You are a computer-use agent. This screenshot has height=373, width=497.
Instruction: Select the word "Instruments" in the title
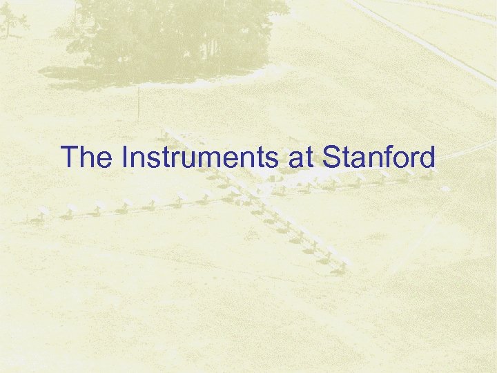coord(197,157)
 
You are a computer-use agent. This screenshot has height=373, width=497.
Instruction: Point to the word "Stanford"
coord(378,157)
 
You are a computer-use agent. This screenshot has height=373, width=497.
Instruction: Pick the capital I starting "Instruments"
coord(124,157)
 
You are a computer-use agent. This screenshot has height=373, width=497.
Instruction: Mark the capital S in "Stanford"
coord(330,157)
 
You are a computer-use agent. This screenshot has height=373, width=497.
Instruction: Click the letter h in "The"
coord(86,157)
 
